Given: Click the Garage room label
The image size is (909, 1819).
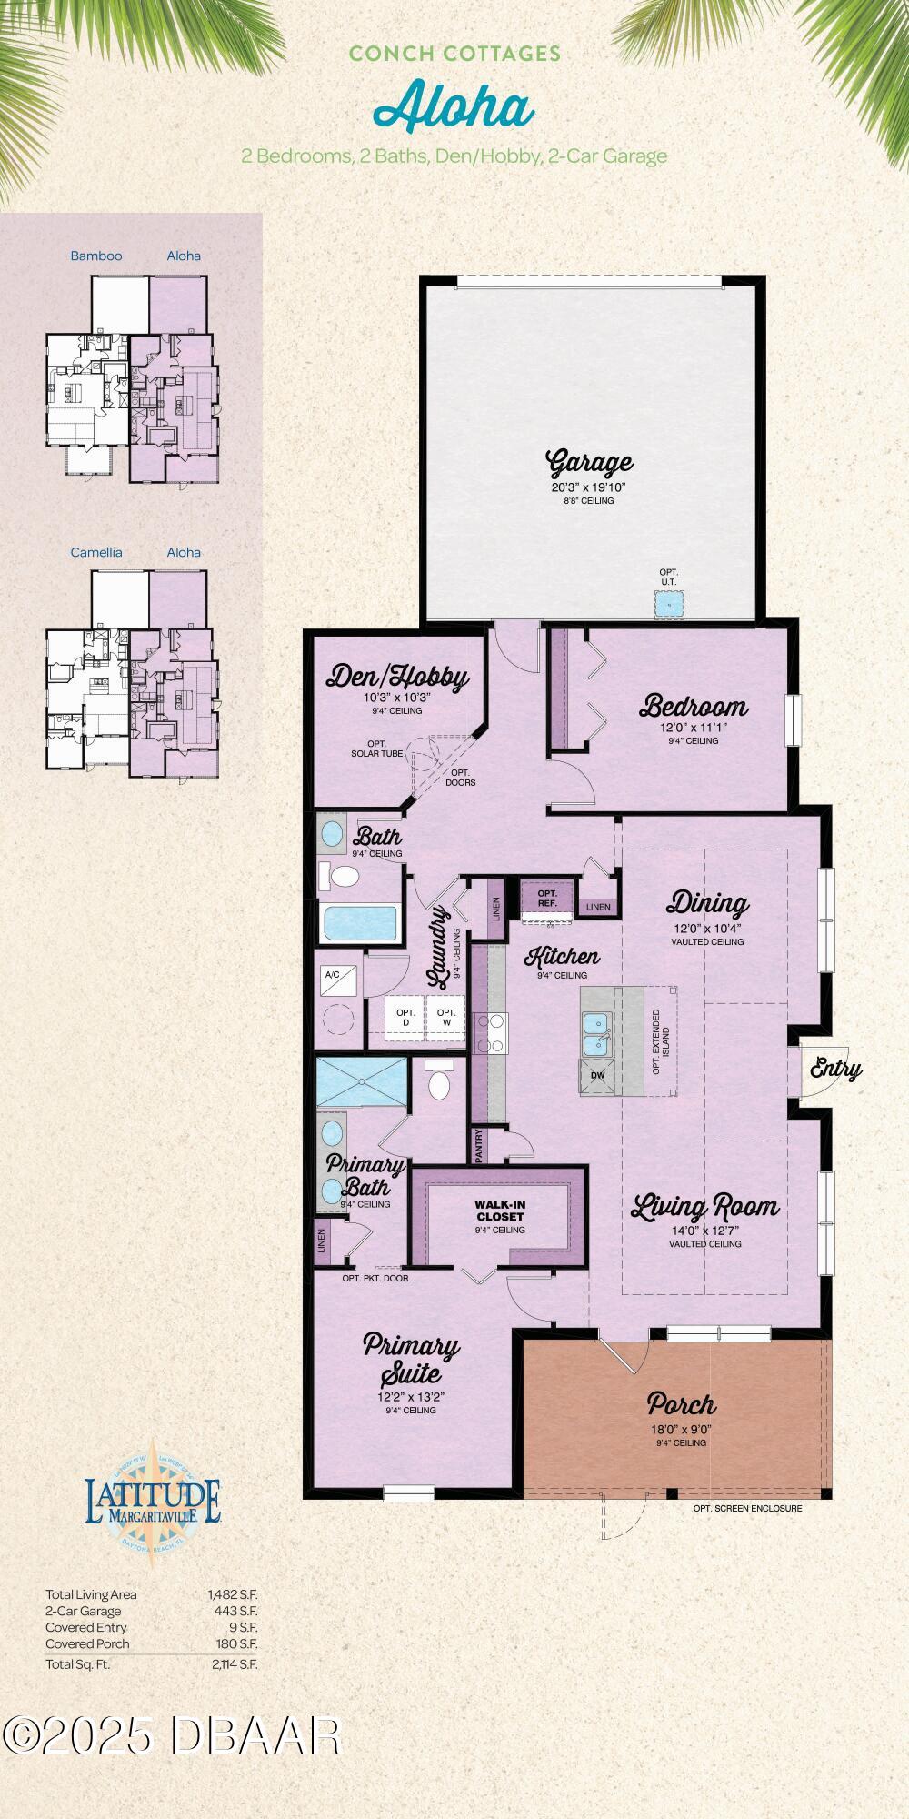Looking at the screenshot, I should pos(589,463).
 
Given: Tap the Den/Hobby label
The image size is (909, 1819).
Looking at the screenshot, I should pos(397,677).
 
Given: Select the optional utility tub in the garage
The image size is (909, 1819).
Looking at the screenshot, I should pos(669,602).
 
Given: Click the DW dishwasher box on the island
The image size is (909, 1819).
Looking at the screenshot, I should pos(597,1076).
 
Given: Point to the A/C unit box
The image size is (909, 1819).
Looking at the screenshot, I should pos(333,975).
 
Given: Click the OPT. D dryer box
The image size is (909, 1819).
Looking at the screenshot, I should pos(405,1017).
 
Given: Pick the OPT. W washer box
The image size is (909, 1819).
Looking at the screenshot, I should pos(445,1017).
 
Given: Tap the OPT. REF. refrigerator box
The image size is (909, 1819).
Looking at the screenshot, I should pos(547,899).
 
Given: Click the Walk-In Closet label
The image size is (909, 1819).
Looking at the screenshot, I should pos(499,1210).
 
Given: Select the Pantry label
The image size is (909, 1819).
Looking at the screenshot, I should pos(479,1146).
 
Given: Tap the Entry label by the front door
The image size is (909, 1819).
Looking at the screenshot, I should pos(835,1069).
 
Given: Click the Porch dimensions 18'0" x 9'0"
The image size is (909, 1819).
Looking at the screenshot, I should pos(681,1429).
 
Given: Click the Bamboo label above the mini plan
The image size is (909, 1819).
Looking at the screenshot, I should pos(96,256).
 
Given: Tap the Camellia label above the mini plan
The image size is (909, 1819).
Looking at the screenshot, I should pos(96,552).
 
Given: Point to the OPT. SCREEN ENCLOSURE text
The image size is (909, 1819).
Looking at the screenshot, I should pos(747,1508).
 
